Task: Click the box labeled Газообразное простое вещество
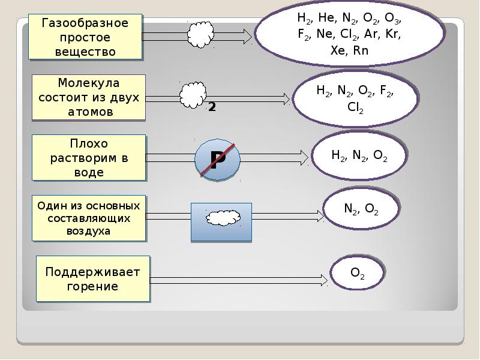[85, 37]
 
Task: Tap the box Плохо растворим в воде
[88, 157]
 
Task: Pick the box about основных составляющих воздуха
[88, 218]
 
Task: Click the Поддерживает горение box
[92, 279]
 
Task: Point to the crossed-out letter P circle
[217, 159]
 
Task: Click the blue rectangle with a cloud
[221, 222]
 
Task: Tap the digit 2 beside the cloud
[212, 107]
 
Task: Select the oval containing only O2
[358, 274]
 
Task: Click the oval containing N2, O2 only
[361, 209]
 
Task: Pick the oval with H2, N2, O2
[359, 155]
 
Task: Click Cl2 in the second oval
[355, 109]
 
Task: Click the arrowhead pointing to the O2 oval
[324, 280]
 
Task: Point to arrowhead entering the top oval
[248, 37]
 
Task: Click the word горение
[92, 286]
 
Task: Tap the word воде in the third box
[88, 172]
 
